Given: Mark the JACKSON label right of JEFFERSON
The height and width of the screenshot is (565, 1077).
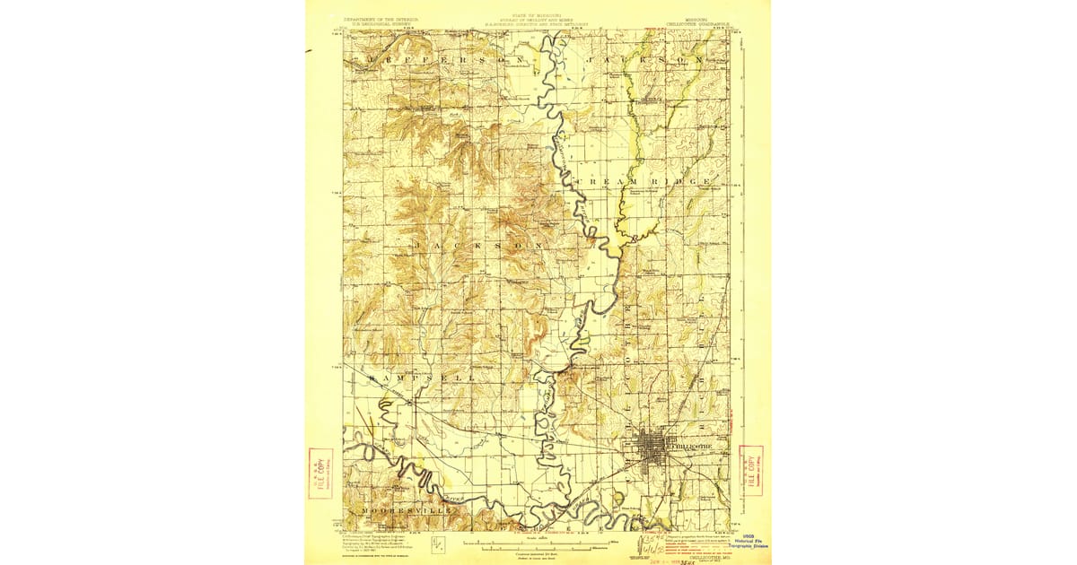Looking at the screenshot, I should [642, 59].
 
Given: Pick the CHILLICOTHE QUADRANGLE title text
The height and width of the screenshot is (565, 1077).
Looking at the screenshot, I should [710, 19].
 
